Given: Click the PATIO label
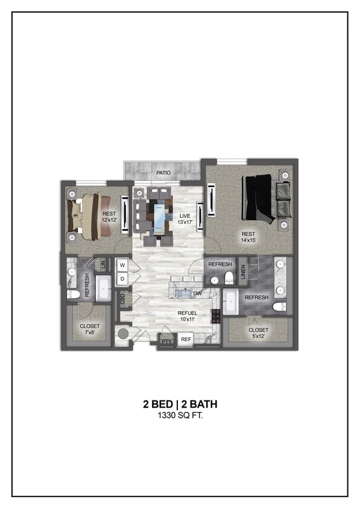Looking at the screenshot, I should coord(163,173).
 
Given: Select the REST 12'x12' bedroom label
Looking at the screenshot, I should coord(109,217).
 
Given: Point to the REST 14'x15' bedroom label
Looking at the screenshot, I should coord(248,237).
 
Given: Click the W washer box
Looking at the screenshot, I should coord(122,265).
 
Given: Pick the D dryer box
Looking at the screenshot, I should coord(122,279).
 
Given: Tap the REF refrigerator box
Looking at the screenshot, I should coord(186,340).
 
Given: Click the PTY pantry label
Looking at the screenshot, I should coord(166,342).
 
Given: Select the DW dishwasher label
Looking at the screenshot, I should coord(197,294).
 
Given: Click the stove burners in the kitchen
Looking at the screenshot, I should coord(215,315).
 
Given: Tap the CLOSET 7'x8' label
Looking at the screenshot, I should coord(90,329).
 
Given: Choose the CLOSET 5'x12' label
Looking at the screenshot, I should coord(258,333).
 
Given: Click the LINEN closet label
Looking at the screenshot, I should coord(244,273).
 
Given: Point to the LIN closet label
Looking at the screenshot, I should coord(103,264).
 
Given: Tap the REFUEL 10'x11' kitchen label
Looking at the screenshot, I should coord(188,316).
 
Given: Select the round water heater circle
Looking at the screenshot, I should coord(123,334).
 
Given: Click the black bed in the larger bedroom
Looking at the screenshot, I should coord(257,198).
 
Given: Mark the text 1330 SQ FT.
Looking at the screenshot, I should coord(180,416).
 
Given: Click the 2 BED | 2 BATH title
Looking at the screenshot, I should coord(180,404).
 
